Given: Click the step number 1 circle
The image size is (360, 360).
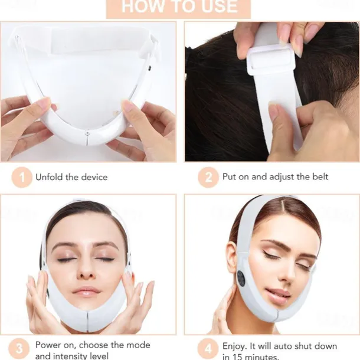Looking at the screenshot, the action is pyautogui.click(x=22, y=177).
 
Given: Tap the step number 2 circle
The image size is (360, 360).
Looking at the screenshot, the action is pyautogui.click(x=208, y=177).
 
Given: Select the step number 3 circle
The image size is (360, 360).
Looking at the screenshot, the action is pyautogui.click(x=19, y=349).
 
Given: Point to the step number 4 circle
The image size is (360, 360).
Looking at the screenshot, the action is pyautogui.click(x=208, y=349).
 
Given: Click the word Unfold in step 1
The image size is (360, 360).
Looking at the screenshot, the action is pyautogui.click(x=50, y=177).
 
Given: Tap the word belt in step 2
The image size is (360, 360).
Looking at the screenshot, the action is pyautogui.click(x=320, y=176).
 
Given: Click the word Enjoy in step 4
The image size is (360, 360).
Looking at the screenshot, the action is pyautogui.click(x=235, y=346).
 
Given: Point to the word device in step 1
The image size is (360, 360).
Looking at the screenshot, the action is pyautogui.click(x=94, y=177).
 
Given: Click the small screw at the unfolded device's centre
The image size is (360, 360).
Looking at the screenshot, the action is pyautogui.click(x=87, y=133).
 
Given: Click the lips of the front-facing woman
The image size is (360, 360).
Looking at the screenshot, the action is pyautogui.click(x=86, y=292).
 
